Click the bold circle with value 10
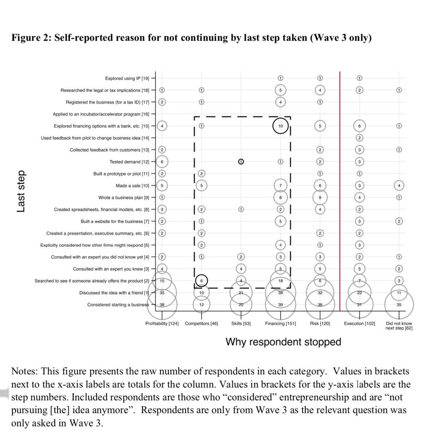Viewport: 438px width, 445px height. [280, 126]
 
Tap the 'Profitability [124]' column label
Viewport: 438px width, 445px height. [162, 324]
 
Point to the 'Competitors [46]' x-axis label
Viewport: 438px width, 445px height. [201, 324]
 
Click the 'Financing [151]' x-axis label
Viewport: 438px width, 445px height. [280, 324]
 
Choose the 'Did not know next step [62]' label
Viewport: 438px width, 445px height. [399, 326]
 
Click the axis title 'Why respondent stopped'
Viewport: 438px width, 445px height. [283, 342]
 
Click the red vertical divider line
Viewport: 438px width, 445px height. [339, 192]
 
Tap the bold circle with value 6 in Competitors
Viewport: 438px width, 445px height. [201, 281]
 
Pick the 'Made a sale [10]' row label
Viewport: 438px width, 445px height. [132, 186]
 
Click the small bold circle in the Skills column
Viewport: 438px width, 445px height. [241, 162]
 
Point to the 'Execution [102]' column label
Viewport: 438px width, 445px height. [359, 324]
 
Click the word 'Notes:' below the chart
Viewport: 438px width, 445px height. [25, 371]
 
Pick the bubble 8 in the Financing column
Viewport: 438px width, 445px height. [280, 197]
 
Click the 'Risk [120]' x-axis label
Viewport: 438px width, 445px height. [320, 324]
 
